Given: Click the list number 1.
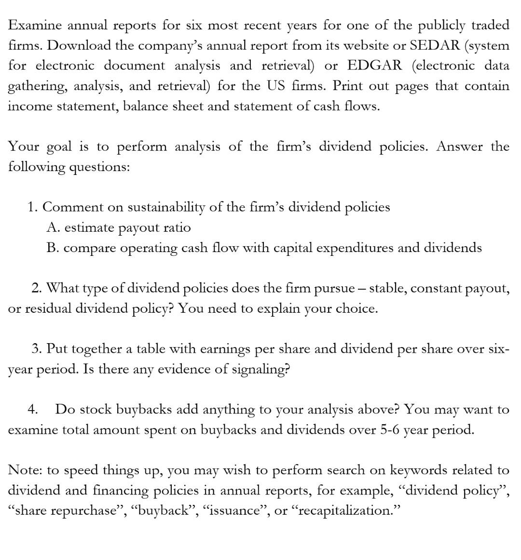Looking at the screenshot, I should click(32, 207).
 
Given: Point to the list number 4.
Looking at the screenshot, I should click(32, 410).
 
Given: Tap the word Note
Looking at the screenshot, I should click(25, 470).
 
